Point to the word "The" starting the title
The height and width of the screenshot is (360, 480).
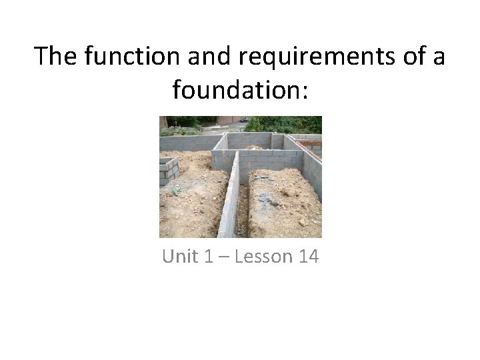(x=56, y=56)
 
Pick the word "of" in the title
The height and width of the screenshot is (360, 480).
(x=405, y=56)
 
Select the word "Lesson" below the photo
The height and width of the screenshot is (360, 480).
(x=261, y=256)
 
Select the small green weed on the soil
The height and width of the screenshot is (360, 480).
(x=176, y=191)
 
